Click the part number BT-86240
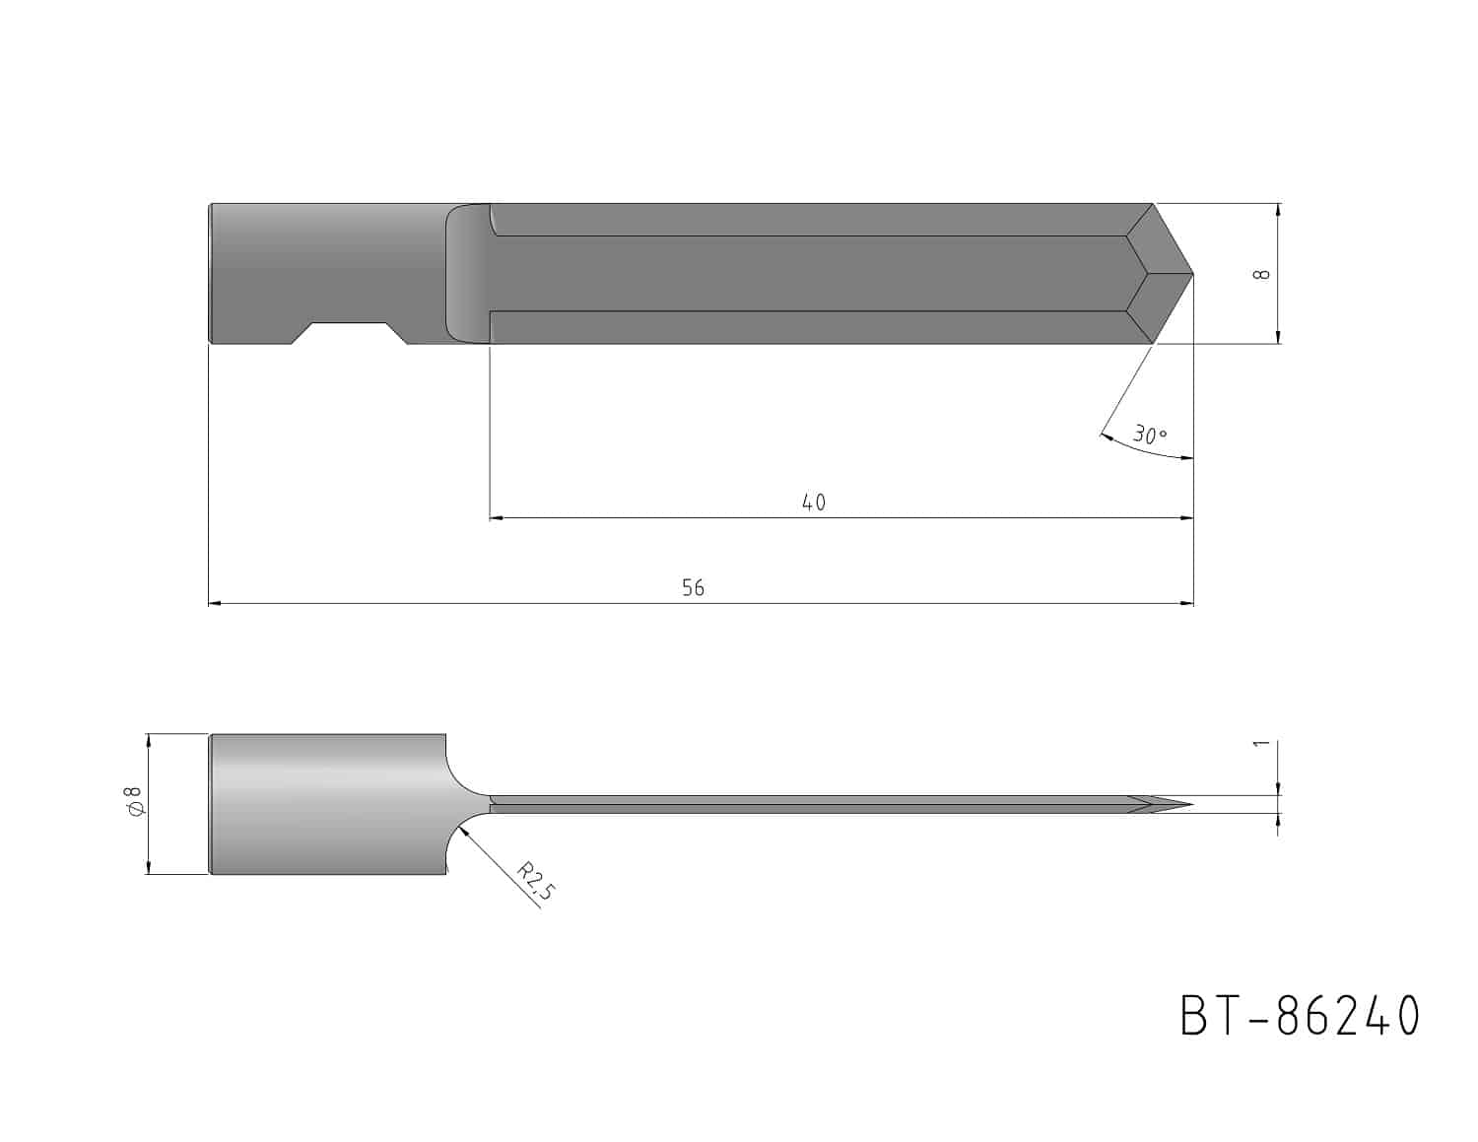pos(1299,1016)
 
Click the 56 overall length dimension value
pos(693,587)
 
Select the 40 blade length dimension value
pos(814,503)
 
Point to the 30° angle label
pos(1150,435)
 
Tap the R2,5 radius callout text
pos(536,881)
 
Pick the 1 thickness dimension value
pos(1261,743)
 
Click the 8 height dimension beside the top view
pos(1261,274)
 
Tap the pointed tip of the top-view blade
pos(1192,274)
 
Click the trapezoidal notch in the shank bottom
pos(349,333)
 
